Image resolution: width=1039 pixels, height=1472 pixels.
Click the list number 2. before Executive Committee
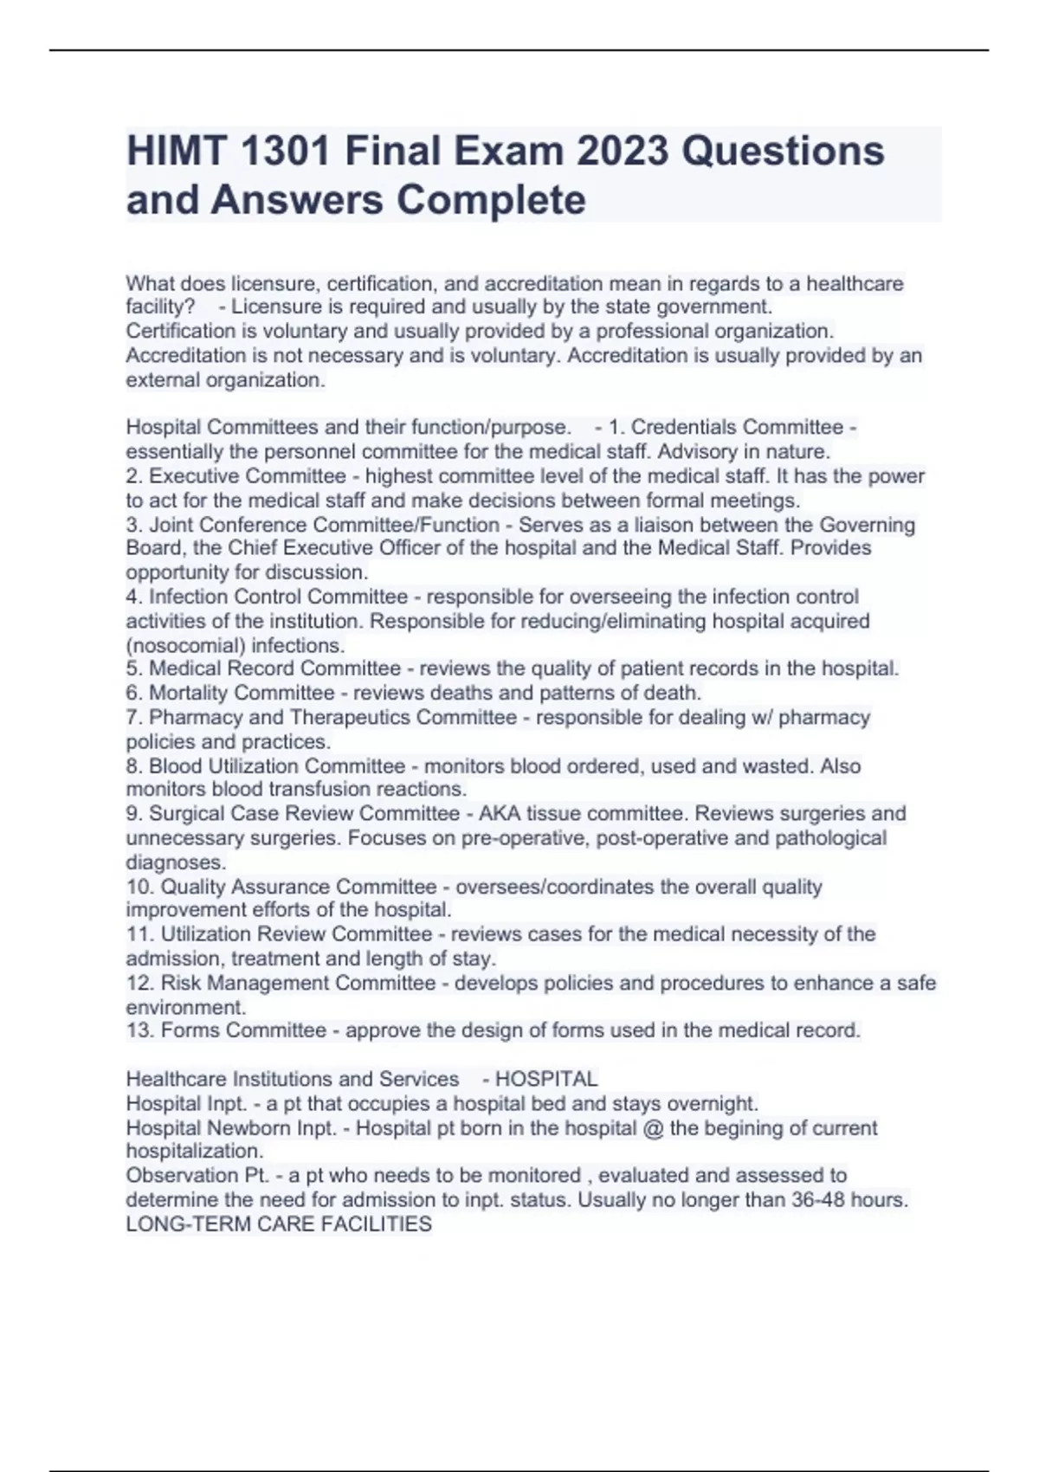[x=134, y=476]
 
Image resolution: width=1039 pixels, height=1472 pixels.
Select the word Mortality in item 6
[x=188, y=693]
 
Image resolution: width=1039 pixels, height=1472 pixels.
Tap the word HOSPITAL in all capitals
[x=546, y=1079]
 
